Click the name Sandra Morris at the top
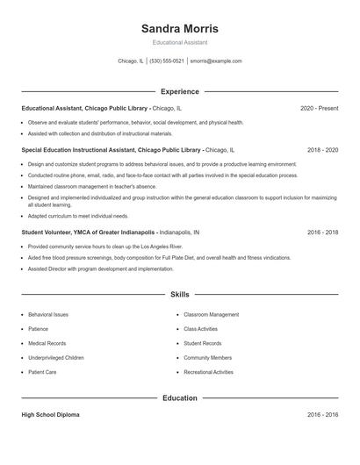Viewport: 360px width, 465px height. (x=179, y=29)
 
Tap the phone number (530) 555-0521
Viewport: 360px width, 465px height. (x=167, y=61)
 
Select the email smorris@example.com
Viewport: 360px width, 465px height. (x=215, y=61)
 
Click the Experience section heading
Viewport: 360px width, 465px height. (x=179, y=91)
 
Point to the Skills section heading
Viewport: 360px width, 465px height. (x=179, y=295)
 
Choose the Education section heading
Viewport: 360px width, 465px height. (x=179, y=397)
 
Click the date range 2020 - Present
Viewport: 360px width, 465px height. (x=319, y=108)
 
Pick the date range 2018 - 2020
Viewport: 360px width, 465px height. (x=322, y=150)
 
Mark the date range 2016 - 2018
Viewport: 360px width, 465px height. (x=322, y=232)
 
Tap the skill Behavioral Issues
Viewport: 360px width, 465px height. (x=47, y=314)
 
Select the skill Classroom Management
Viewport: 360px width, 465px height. (x=211, y=314)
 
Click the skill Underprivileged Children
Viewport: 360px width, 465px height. (x=56, y=358)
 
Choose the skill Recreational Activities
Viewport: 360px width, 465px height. (x=208, y=372)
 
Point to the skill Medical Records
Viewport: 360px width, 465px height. (x=47, y=343)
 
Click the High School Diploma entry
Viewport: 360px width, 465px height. (x=50, y=415)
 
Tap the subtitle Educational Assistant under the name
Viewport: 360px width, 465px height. (x=179, y=42)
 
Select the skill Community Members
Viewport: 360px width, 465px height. (x=207, y=358)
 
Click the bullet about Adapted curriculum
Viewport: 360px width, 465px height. (x=78, y=216)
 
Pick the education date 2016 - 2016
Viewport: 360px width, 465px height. (x=322, y=415)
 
